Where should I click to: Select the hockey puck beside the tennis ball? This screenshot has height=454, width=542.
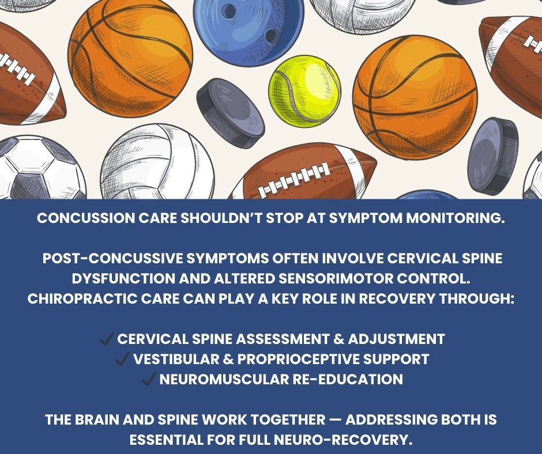230,113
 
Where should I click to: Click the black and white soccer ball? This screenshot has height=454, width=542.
35,170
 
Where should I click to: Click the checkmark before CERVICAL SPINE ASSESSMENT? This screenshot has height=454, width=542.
107,339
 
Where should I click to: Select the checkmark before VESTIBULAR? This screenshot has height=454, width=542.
122,360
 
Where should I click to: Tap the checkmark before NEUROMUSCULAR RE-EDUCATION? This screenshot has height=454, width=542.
148,380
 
